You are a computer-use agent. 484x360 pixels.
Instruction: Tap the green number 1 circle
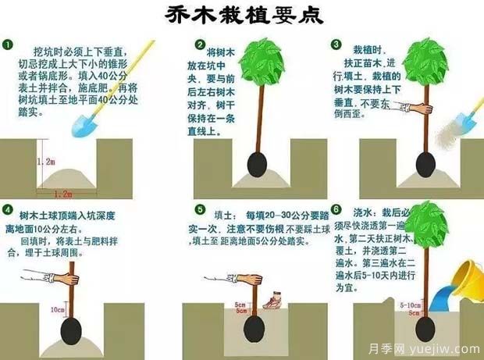tap(9, 45)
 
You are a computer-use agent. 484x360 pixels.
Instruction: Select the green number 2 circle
tap(201, 45)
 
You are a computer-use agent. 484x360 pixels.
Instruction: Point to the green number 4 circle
tap(9, 211)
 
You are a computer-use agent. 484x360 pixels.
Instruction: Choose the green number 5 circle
tap(201, 211)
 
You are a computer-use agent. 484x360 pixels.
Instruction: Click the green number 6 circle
tap(336, 210)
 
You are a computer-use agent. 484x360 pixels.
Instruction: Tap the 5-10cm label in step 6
tap(409, 305)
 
